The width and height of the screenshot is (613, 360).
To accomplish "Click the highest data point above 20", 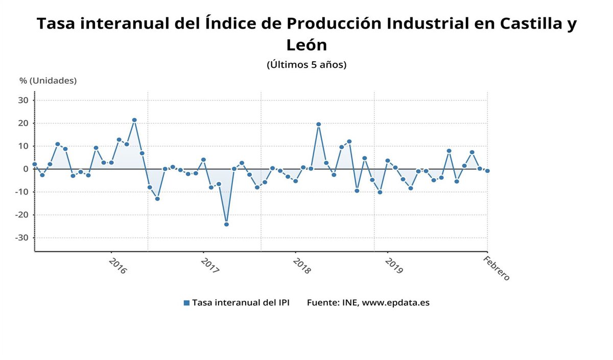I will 134,120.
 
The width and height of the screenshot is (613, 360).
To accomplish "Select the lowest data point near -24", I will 226,224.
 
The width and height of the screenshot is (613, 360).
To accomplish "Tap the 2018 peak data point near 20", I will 318,124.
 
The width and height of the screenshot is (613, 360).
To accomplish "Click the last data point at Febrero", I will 487,171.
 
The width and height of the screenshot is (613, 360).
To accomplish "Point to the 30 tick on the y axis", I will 23,100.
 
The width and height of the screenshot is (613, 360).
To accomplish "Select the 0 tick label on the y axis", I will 25,169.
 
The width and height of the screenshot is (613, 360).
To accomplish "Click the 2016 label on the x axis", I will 117,266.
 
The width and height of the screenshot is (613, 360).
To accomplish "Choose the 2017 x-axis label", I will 209,266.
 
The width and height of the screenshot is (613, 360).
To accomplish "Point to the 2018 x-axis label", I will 301,266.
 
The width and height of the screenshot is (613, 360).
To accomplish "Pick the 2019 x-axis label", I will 393,266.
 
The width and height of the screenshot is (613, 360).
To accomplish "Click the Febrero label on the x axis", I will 497,268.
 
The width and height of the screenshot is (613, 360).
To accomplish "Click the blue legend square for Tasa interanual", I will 186,303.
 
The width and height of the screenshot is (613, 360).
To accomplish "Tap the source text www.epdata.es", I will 395,302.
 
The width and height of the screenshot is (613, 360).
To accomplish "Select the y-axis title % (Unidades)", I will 48,81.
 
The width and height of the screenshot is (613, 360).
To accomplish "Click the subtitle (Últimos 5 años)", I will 306,65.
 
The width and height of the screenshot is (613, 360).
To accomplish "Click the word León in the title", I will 306,45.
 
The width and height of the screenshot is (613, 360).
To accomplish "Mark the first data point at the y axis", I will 34,164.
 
